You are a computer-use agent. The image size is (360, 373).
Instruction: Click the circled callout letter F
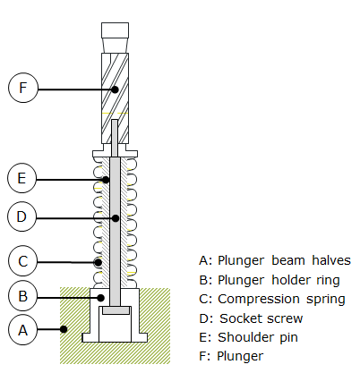[23, 88]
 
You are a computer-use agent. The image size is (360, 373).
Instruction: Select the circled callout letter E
[21, 178]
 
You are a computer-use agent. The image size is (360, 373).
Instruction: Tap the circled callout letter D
[21, 216]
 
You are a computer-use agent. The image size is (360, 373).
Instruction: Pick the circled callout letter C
[23, 261]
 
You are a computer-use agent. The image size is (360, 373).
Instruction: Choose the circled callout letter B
[23, 296]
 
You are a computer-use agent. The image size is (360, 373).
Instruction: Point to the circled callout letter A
[23, 330]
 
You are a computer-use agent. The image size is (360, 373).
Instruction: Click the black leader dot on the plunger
[115, 89]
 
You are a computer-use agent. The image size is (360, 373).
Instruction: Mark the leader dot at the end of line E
[106, 180]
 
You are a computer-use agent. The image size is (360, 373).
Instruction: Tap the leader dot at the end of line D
[116, 218]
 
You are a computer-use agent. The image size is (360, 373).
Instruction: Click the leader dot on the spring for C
[98, 262]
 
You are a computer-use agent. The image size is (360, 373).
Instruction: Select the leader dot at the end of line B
[101, 298]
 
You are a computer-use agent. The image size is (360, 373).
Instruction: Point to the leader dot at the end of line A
[64, 329]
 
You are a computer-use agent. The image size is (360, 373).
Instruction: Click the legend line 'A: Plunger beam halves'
[275, 260]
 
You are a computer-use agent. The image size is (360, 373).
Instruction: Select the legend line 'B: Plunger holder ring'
[270, 280]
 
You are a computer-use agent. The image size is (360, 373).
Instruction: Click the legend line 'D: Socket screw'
[251, 318]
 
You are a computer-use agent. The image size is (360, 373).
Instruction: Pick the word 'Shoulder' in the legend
[245, 337]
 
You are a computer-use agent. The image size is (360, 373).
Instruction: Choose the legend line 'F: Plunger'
[231, 356]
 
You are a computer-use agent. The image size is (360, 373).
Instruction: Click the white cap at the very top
[115, 30]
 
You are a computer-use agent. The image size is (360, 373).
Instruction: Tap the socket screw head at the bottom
[116, 310]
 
